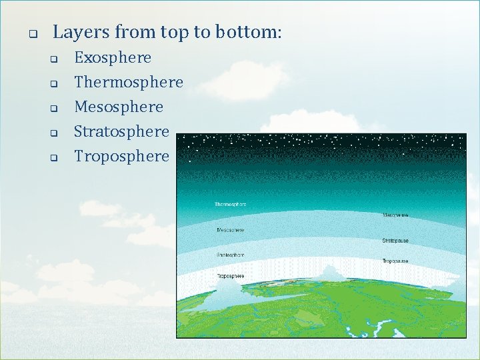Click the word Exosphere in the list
(112, 58)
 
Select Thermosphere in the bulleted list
(128, 83)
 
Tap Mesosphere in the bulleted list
(118, 107)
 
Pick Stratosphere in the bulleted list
(121, 132)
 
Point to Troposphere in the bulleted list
(121, 157)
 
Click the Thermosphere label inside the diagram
(230, 204)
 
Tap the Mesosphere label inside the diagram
(230, 230)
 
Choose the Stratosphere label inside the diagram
(230, 255)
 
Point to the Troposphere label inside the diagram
(230, 276)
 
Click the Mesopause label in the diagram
(396, 215)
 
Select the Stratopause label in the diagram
(396, 240)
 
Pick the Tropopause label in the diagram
(396, 261)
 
